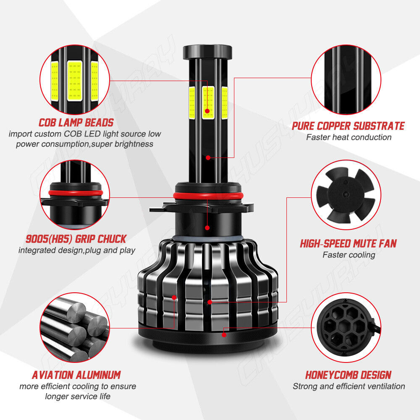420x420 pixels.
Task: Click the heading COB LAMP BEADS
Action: point(76,123)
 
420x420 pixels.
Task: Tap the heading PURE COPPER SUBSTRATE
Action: point(348,126)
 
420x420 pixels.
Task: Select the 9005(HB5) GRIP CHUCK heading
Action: point(76,239)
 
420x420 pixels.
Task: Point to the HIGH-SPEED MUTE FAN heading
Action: point(348,243)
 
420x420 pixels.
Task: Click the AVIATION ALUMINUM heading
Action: point(76,375)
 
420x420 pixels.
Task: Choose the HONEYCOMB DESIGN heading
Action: point(348,375)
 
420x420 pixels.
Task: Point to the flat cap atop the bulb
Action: point(207,52)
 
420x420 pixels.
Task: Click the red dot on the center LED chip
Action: point(207,111)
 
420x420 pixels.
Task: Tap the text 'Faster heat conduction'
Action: point(348,137)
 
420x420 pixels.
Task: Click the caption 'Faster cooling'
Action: point(348,255)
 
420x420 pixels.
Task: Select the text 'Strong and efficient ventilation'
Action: point(348,386)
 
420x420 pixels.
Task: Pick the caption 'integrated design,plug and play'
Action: point(77,250)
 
